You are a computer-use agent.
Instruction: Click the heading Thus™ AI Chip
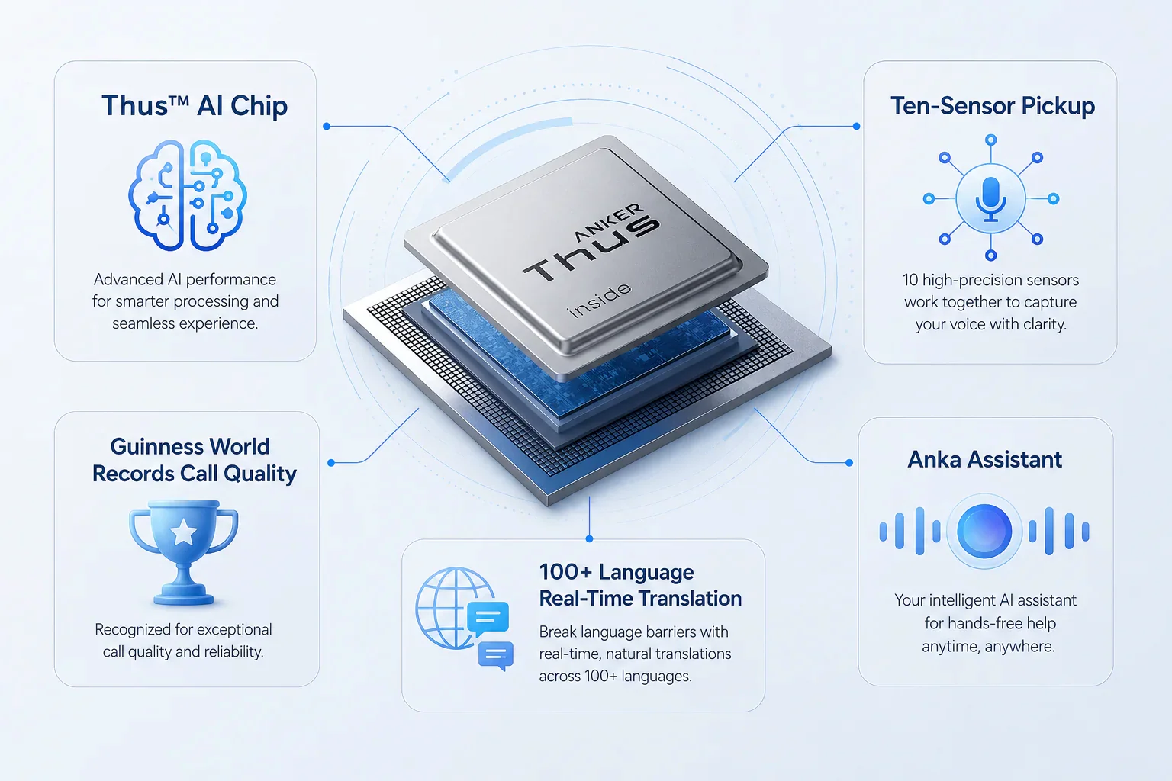pos(195,106)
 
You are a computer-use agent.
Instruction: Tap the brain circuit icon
pos(187,195)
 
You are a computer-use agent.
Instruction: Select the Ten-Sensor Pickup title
pos(993,106)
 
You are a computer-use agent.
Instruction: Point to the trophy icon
pos(184,552)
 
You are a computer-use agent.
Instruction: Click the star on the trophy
pos(184,533)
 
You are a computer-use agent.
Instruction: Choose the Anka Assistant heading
pos(985,460)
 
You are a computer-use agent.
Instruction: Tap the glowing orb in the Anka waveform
pos(984,531)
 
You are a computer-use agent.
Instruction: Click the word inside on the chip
pos(600,300)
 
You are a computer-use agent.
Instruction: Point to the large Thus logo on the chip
pos(591,249)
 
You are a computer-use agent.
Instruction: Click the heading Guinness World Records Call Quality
pos(194,461)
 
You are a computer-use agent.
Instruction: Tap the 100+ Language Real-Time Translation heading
pos(640,585)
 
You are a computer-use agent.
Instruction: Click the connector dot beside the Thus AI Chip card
pos(327,126)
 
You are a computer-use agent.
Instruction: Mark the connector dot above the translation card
pos(590,538)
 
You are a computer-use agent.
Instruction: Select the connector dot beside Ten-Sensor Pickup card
pos(857,126)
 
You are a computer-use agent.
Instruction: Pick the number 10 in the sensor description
pos(910,280)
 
